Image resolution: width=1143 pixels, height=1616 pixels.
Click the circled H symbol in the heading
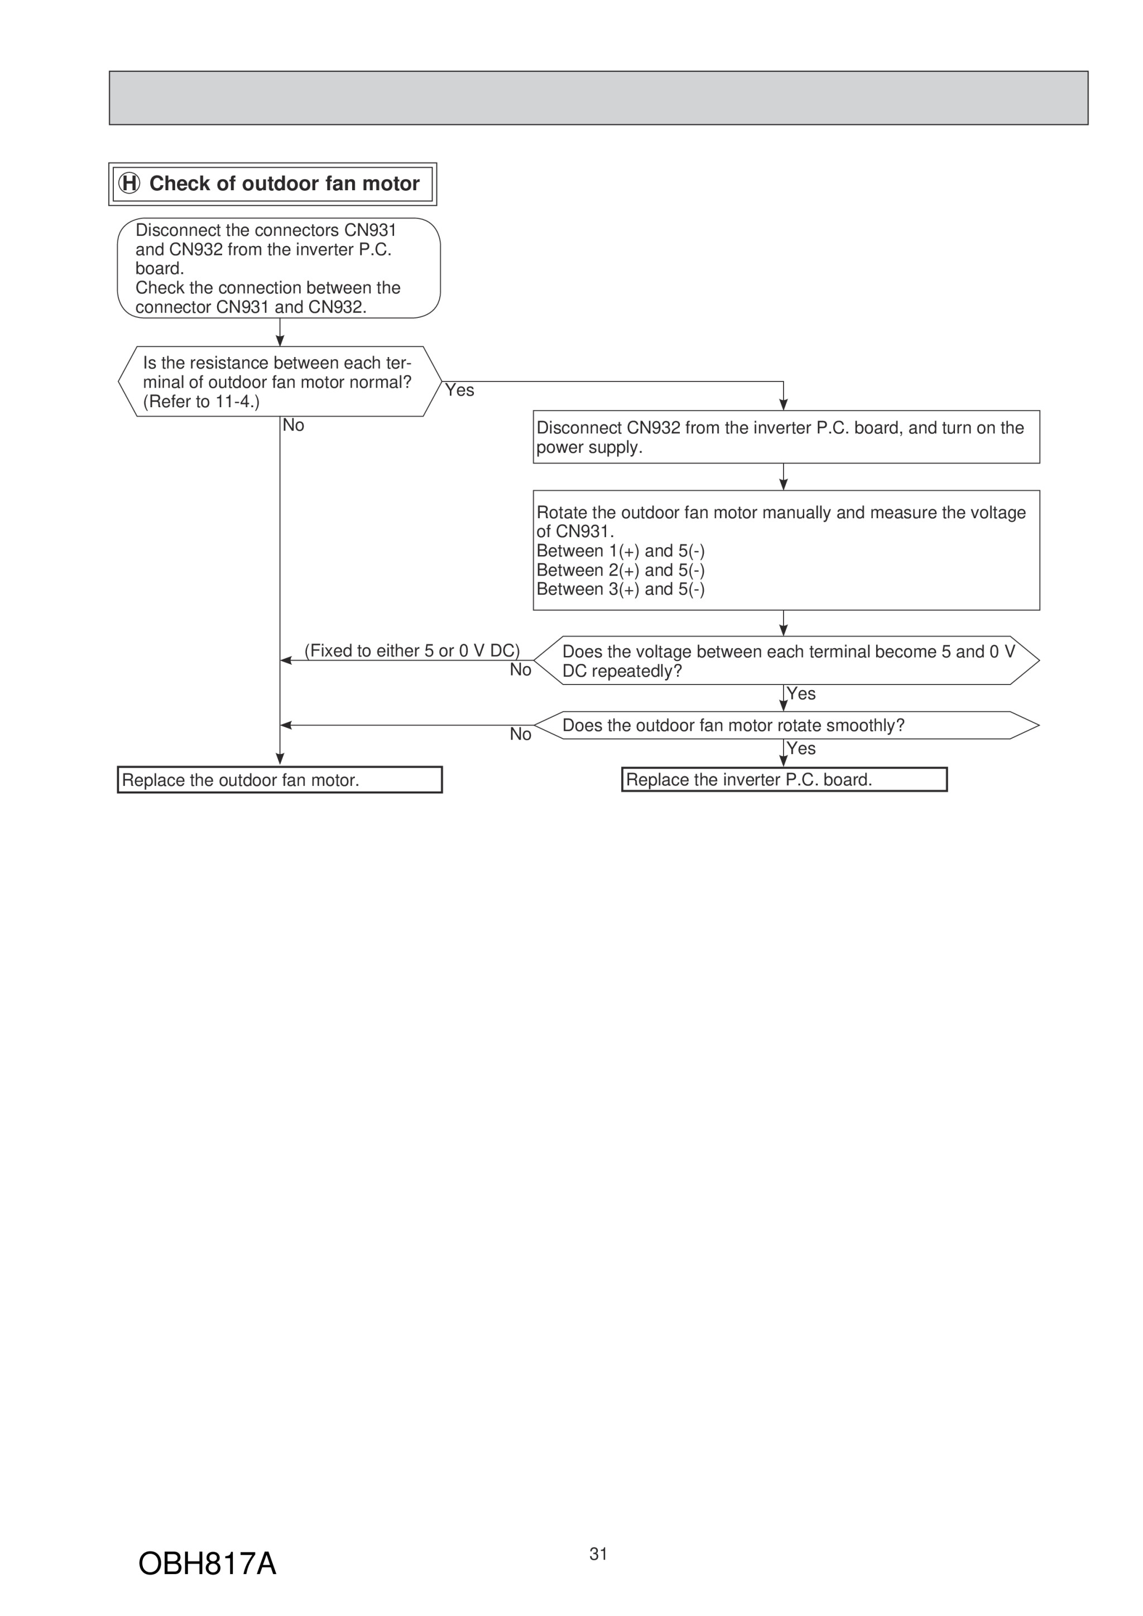[x=129, y=184]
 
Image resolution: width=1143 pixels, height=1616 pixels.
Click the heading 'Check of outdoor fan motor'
[x=285, y=184]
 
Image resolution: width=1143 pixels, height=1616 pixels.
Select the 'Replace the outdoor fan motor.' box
[x=280, y=780]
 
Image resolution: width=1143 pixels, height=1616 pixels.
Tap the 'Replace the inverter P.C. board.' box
[x=785, y=779]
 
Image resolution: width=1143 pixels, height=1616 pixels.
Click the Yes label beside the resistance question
[x=460, y=390]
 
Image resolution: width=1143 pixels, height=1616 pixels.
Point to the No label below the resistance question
[x=294, y=425]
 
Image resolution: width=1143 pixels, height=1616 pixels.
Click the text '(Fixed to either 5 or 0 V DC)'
[x=412, y=650]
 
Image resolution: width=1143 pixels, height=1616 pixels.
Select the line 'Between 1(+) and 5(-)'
[x=621, y=551]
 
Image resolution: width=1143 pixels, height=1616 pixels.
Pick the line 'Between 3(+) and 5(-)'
[x=621, y=589]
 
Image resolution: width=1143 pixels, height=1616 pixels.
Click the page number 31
[x=599, y=1554]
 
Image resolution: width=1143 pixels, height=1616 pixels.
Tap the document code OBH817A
[x=207, y=1564]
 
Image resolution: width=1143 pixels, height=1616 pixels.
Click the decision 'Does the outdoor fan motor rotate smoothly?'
[x=786, y=725]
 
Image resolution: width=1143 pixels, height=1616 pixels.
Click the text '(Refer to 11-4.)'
[x=201, y=402]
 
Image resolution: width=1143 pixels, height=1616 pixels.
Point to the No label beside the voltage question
[x=521, y=670]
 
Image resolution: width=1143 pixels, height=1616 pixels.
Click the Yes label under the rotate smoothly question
[x=801, y=748]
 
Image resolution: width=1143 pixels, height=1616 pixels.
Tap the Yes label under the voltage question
[x=801, y=694]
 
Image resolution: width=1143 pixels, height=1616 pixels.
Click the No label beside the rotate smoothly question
[x=521, y=735]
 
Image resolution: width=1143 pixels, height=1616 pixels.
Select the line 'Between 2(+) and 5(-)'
[x=621, y=570]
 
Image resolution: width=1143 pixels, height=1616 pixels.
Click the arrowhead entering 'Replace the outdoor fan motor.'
[x=280, y=759]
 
